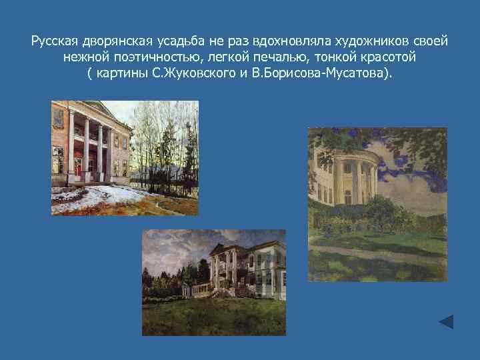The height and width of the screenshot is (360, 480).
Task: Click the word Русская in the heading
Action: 55,41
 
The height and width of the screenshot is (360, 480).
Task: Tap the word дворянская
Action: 116,41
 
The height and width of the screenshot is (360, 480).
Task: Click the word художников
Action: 371,41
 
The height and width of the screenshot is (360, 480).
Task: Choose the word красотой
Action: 385,57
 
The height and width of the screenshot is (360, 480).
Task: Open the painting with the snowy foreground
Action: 125,158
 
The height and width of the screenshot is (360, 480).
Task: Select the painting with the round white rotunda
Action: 377,204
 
